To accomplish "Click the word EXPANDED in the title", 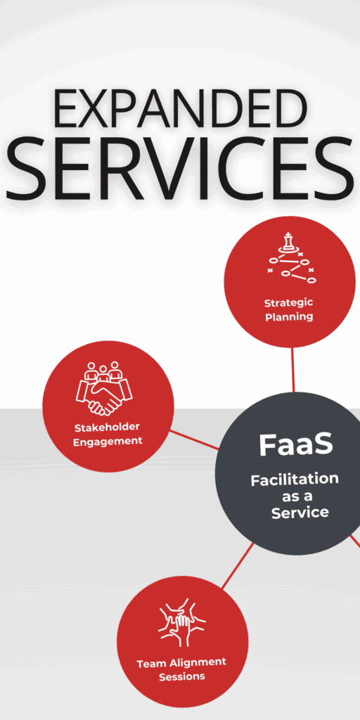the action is [180, 108].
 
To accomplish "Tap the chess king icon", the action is [288, 241].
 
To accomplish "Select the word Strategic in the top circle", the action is [288, 303].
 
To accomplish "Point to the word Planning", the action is [289, 317].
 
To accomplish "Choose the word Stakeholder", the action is [107, 427].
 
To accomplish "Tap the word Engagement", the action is [108, 442].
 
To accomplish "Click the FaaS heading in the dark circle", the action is [296, 444].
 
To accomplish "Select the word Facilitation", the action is [295, 480].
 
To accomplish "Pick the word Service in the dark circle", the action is [300, 513].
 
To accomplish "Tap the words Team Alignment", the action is [181, 663].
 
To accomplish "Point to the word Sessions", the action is [182, 677].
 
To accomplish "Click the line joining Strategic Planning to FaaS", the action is [293, 370].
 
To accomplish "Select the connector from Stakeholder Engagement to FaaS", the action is [194, 440].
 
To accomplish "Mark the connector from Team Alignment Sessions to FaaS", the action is [238, 566].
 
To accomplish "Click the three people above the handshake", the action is [103, 371].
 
